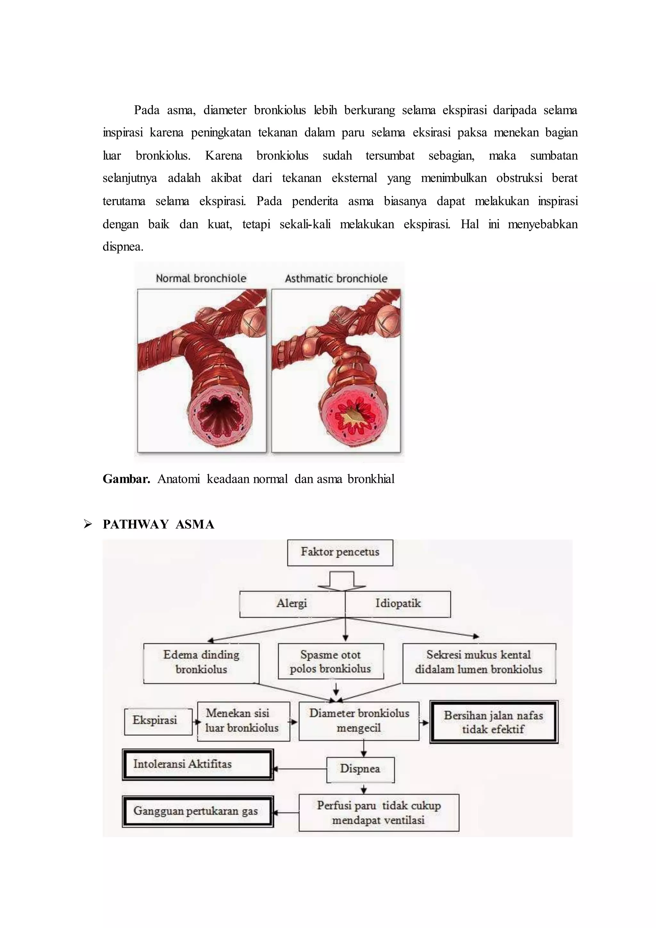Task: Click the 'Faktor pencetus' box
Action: coord(340,552)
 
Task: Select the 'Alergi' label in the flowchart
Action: coord(292,603)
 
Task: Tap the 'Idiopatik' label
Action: coord(398,603)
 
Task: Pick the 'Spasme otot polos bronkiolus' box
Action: coord(331,661)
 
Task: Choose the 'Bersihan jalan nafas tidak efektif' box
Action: coord(494,722)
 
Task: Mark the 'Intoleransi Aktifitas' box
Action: coord(198,764)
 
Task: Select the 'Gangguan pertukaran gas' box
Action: coord(198,811)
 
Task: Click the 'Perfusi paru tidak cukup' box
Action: coord(379,813)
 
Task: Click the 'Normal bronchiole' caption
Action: coord(201,278)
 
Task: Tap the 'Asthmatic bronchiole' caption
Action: coord(336,278)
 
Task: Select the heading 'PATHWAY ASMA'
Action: coord(158,524)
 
